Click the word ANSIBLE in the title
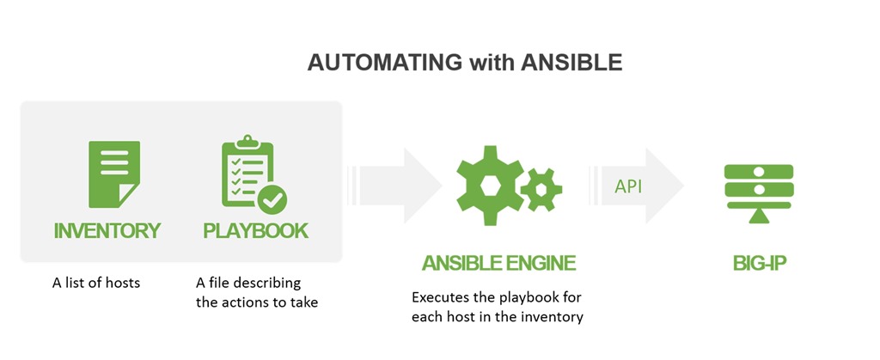[x=571, y=63]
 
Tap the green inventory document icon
[x=114, y=174]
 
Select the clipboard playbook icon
[x=254, y=174]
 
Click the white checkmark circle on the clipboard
[x=272, y=199]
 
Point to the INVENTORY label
[x=107, y=230]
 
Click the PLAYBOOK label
[x=256, y=230]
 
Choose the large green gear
[x=491, y=186]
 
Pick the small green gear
[x=541, y=189]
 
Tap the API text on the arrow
[x=628, y=186]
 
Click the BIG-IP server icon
[x=758, y=193]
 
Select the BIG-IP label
[x=760, y=263]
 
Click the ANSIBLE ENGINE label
[x=499, y=263]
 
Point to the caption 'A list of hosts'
[x=96, y=283]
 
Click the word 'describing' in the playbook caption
[x=266, y=284]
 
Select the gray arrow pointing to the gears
[x=394, y=186]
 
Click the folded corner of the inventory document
[x=127, y=196]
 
